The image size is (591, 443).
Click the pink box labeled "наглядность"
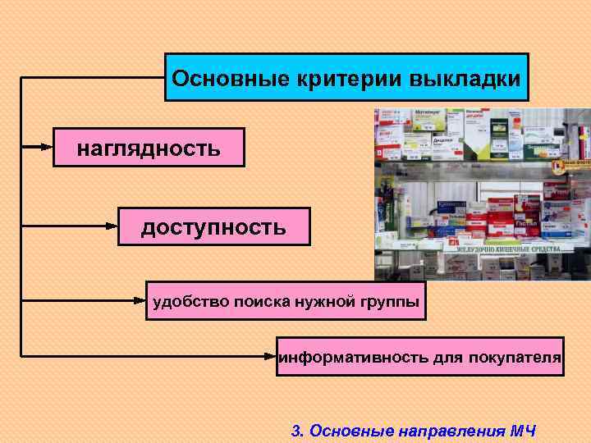149,148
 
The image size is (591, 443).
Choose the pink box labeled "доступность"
213,226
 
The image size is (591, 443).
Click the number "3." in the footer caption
299,430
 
